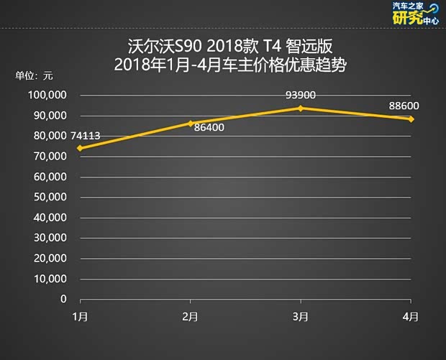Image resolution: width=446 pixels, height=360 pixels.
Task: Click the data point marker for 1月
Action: [x=80, y=148]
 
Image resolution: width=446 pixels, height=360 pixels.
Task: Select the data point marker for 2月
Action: [x=190, y=124]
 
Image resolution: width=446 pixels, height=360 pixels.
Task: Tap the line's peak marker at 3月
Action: [x=301, y=108]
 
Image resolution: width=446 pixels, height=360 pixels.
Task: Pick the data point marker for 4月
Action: [x=411, y=119]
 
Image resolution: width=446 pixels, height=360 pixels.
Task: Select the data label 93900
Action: [x=301, y=94]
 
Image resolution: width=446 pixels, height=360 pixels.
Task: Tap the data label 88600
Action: [x=404, y=106]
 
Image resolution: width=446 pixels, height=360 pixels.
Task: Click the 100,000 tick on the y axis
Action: [x=47, y=96]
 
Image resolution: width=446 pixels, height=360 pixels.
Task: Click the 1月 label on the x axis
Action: [x=80, y=316]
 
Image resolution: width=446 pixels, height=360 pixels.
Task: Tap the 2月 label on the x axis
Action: [x=190, y=316]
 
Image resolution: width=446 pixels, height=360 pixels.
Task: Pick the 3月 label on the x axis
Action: [x=301, y=316]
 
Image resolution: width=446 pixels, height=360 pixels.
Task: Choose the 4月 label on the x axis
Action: [x=411, y=316]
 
